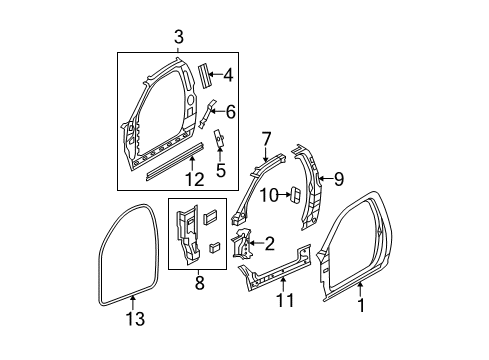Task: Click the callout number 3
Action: click(178, 38)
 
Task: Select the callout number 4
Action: click(228, 73)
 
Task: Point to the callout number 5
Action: click(220, 170)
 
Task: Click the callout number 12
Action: click(194, 180)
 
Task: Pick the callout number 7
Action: click(266, 138)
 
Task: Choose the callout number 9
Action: click(338, 180)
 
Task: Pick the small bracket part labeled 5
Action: click(220, 143)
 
